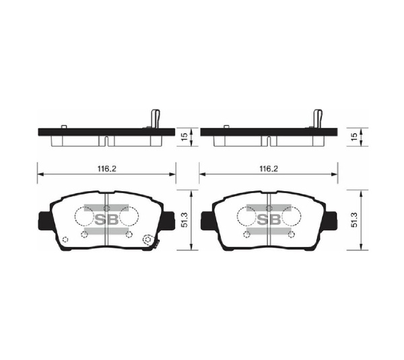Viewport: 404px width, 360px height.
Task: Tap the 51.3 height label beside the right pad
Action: (x=355, y=220)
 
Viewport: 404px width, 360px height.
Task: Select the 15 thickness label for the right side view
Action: (x=355, y=137)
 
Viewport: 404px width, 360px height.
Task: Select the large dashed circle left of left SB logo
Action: (x=83, y=216)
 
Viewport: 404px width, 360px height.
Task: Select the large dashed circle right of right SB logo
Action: (x=292, y=216)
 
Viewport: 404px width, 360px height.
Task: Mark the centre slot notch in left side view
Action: (x=106, y=141)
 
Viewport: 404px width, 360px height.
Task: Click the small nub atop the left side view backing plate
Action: (x=63, y=127)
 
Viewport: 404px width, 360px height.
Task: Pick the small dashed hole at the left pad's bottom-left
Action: (x=65, y=241)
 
